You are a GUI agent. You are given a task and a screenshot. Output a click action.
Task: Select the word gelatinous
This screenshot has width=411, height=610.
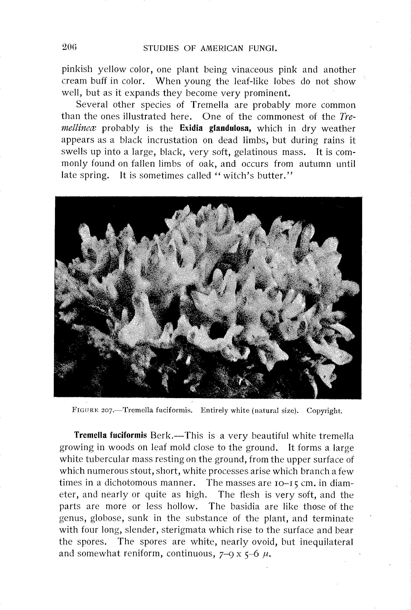pos(255,152)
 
